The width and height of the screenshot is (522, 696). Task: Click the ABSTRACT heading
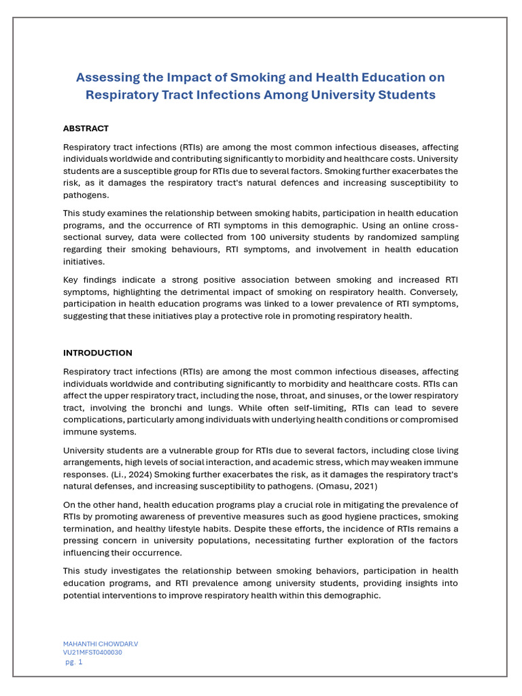coord(86,128)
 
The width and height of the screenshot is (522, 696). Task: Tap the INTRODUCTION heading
coord(98,353)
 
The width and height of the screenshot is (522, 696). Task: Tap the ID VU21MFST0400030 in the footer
coord(93,652)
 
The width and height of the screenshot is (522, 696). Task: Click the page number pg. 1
coord(74,662)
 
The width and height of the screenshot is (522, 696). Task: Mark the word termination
coord(88,529)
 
